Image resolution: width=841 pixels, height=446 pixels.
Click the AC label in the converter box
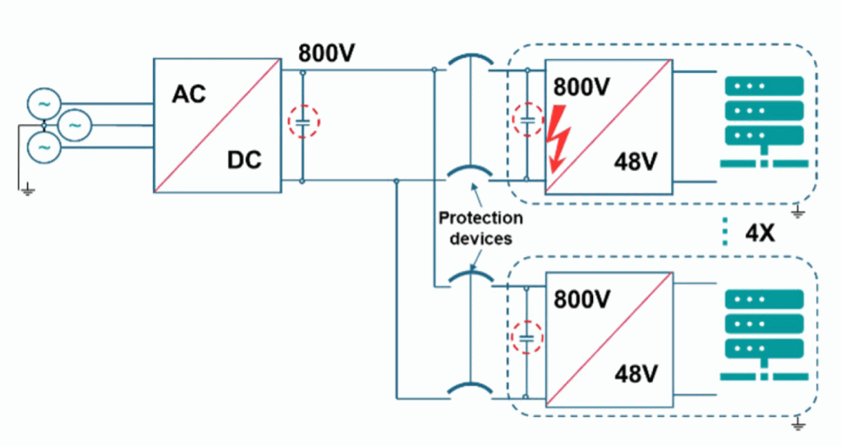189,94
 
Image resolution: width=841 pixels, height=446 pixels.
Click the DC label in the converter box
244,160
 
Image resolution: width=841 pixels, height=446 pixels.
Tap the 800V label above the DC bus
327,53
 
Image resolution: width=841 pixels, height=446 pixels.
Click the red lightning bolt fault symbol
558,138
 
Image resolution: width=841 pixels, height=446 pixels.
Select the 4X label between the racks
760,233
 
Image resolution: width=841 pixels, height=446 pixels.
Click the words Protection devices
480,228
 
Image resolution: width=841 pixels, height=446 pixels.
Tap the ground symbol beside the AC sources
27,189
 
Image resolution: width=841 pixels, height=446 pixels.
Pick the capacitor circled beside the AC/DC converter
303,122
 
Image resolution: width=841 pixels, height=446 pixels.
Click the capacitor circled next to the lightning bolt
527,120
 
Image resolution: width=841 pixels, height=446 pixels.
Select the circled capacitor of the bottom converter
526,338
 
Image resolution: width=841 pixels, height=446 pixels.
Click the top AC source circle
44,104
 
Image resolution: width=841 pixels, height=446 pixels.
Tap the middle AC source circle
75,125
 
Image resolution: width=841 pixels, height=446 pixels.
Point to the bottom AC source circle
44,146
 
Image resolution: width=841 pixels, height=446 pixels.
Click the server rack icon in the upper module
764,122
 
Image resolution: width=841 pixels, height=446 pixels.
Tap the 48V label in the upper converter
636,162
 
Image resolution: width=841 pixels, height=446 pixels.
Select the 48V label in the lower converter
636,374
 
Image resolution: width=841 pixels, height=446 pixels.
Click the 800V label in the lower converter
582,300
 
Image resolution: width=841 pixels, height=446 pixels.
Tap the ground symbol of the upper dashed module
798,212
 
